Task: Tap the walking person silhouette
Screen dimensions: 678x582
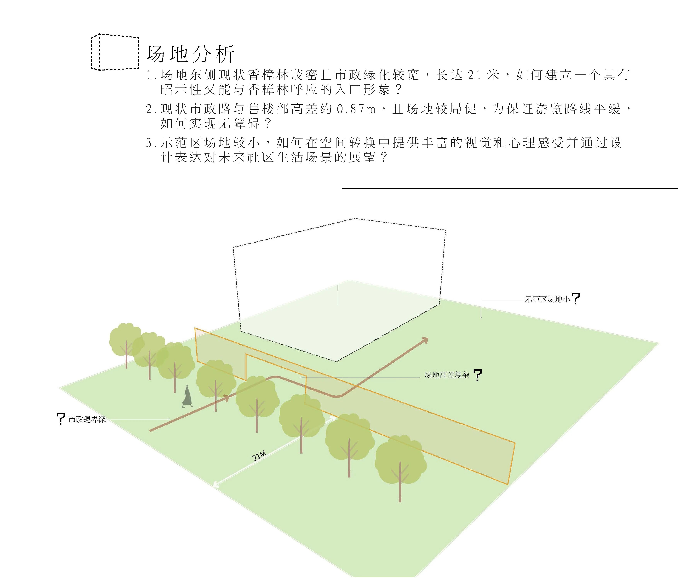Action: (x=187, y=396)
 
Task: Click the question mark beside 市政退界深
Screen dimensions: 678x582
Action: (x=60, y=419)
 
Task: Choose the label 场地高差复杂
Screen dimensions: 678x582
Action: (x=447, y=375)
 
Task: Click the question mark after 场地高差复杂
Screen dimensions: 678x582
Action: (x=478, y=375)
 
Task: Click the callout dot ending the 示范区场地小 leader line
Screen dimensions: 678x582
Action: (x=481, y=317)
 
